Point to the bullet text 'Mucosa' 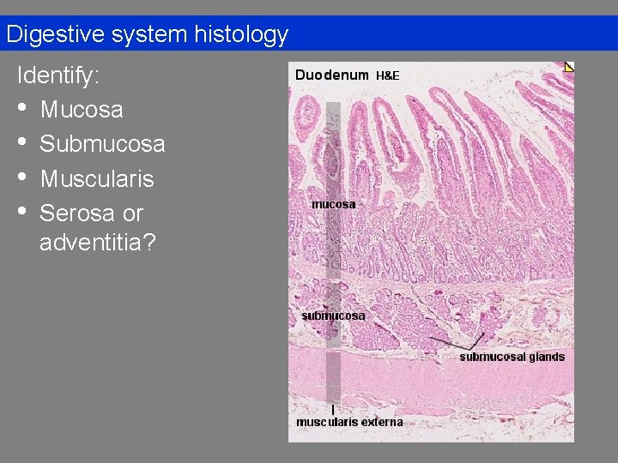click(82, 110)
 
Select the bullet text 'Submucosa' click(102, 144)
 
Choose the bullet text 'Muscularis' click(97, 178)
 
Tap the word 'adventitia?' click(98, 243)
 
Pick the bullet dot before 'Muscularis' click(23, 178)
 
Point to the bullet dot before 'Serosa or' click(23, 213)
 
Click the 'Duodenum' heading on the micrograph click(331, 75)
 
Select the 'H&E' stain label click(388, 75)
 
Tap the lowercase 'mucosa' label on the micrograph click(333, 204)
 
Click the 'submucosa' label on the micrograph click(333, 316)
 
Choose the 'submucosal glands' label click(512, 357)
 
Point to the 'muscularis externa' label click(349, 422)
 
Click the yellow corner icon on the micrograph click(569, 67)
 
